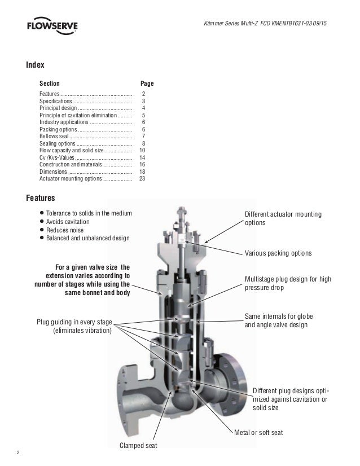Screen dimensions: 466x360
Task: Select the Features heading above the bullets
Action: pos(40,198)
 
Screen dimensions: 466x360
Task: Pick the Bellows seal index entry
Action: pos(55,136)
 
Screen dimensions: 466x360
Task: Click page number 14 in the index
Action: pos(142,157)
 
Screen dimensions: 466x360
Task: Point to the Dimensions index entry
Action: pos(52,172)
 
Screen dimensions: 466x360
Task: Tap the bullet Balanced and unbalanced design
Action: pos(87,238)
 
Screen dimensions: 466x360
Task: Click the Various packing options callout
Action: pos(277,254)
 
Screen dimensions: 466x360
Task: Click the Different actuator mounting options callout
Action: pos(283,218)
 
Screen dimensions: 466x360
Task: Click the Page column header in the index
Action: pos(147,83)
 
